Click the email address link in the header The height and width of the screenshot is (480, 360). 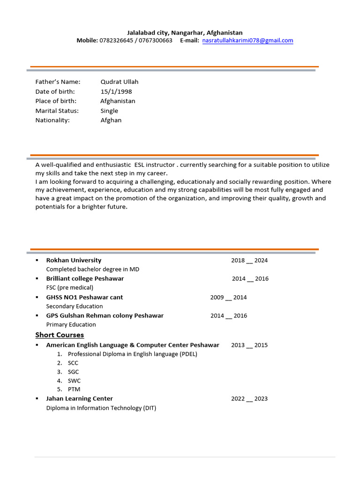248,41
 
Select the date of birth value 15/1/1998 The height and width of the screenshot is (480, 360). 116,91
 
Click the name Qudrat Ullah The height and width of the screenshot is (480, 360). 120,82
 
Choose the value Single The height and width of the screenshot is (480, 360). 109,111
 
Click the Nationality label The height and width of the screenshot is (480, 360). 52,120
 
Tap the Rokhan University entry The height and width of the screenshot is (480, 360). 74,260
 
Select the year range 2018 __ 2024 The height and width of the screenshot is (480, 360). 249,260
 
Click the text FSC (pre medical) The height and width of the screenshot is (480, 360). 70,287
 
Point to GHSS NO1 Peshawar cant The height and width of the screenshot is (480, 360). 84,297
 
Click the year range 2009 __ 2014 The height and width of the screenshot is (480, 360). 228,297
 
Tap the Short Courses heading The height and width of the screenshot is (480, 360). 60,335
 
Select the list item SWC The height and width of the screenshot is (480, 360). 74,381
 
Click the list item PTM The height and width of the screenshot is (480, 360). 74,390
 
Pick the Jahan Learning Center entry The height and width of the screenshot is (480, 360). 79,398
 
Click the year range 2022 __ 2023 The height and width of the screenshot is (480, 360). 249,399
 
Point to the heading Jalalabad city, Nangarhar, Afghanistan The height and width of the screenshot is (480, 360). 185,32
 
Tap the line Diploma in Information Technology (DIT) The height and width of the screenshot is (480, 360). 101,408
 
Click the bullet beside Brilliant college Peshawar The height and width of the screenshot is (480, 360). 37,278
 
